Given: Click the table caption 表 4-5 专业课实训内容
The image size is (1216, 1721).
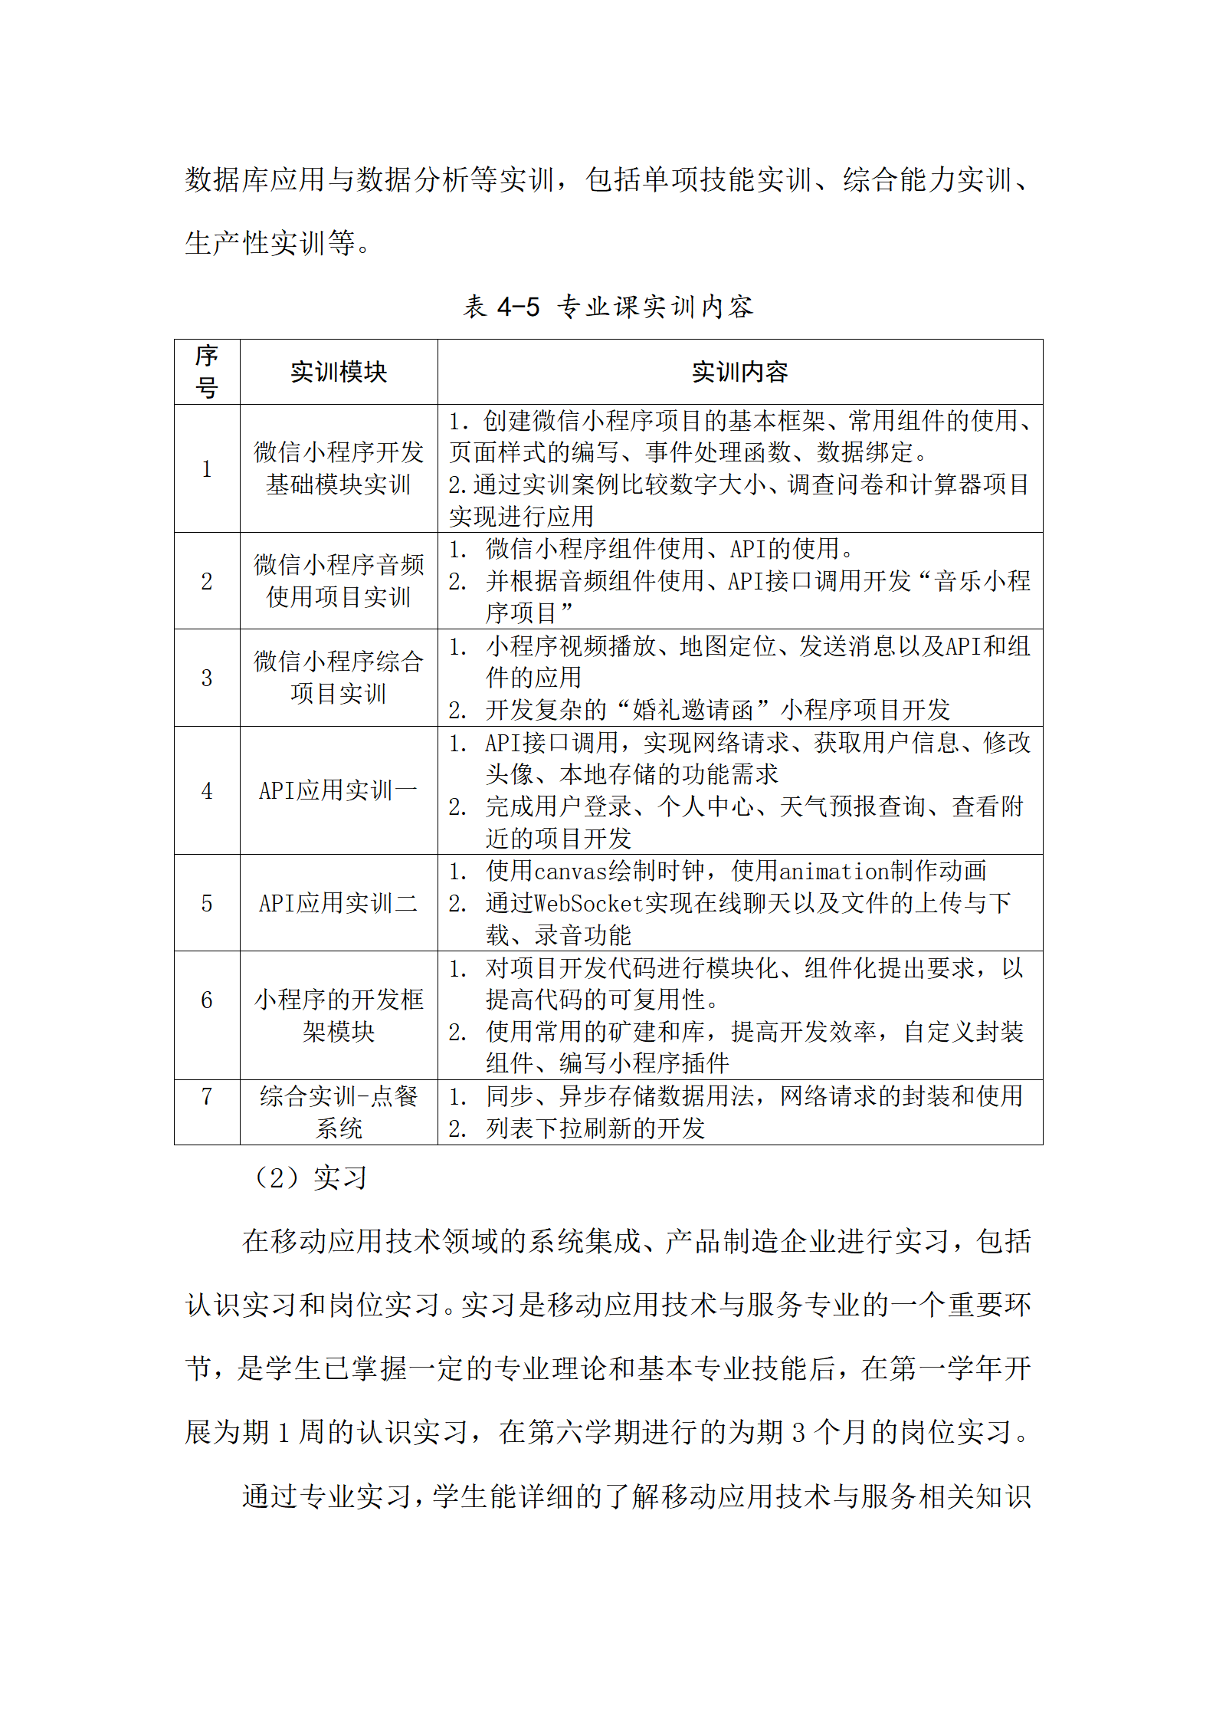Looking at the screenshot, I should point(608,307).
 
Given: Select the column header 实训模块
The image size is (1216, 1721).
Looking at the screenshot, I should point(338,372).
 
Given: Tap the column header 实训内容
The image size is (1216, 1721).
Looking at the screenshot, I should point(739,372).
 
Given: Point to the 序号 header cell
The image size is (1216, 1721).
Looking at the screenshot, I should point(207,372).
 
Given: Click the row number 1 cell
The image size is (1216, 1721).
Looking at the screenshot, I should point(207,468).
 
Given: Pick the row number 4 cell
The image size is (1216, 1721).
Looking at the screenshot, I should point(207,790).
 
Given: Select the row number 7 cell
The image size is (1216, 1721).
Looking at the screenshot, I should point(207,1096).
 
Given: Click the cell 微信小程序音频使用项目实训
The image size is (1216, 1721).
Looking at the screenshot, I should point(338,580).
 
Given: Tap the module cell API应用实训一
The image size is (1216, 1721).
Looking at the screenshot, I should point(338,790).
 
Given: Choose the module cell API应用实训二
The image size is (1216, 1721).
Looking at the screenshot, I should point(338,903).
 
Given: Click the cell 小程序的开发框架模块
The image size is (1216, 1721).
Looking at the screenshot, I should point(338,1015).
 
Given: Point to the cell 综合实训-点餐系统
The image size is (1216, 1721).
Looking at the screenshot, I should point(338,1112).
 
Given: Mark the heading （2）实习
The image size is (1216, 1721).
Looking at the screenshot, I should point(310,1177).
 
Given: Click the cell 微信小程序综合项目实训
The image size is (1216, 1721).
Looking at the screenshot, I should point(338,677).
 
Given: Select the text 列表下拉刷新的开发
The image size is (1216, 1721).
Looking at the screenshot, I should point(595,1128).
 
